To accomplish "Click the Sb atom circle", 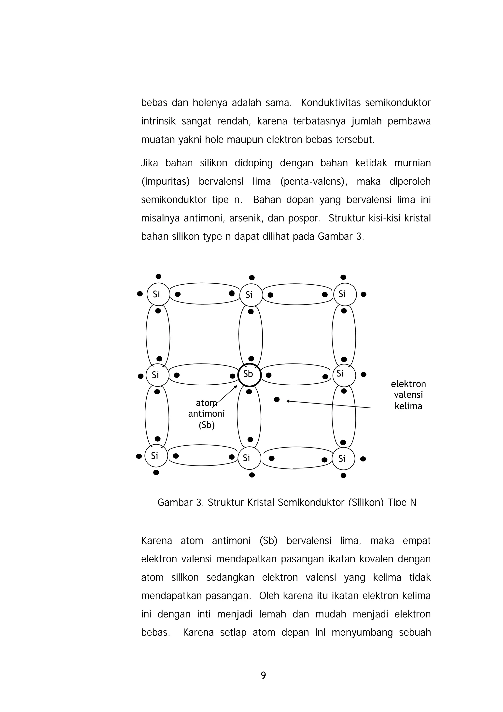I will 250,375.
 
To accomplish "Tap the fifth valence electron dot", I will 277,399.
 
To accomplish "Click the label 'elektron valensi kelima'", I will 408,395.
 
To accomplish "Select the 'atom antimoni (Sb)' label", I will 206,414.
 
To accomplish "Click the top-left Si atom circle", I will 158,294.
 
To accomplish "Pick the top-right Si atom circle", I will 345,294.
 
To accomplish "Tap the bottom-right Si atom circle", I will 343,458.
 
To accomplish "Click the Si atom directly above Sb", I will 251,295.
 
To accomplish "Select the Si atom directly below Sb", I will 249,458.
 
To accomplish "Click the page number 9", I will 263,675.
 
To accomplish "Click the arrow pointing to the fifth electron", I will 329,404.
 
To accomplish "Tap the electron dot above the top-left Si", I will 158,276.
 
